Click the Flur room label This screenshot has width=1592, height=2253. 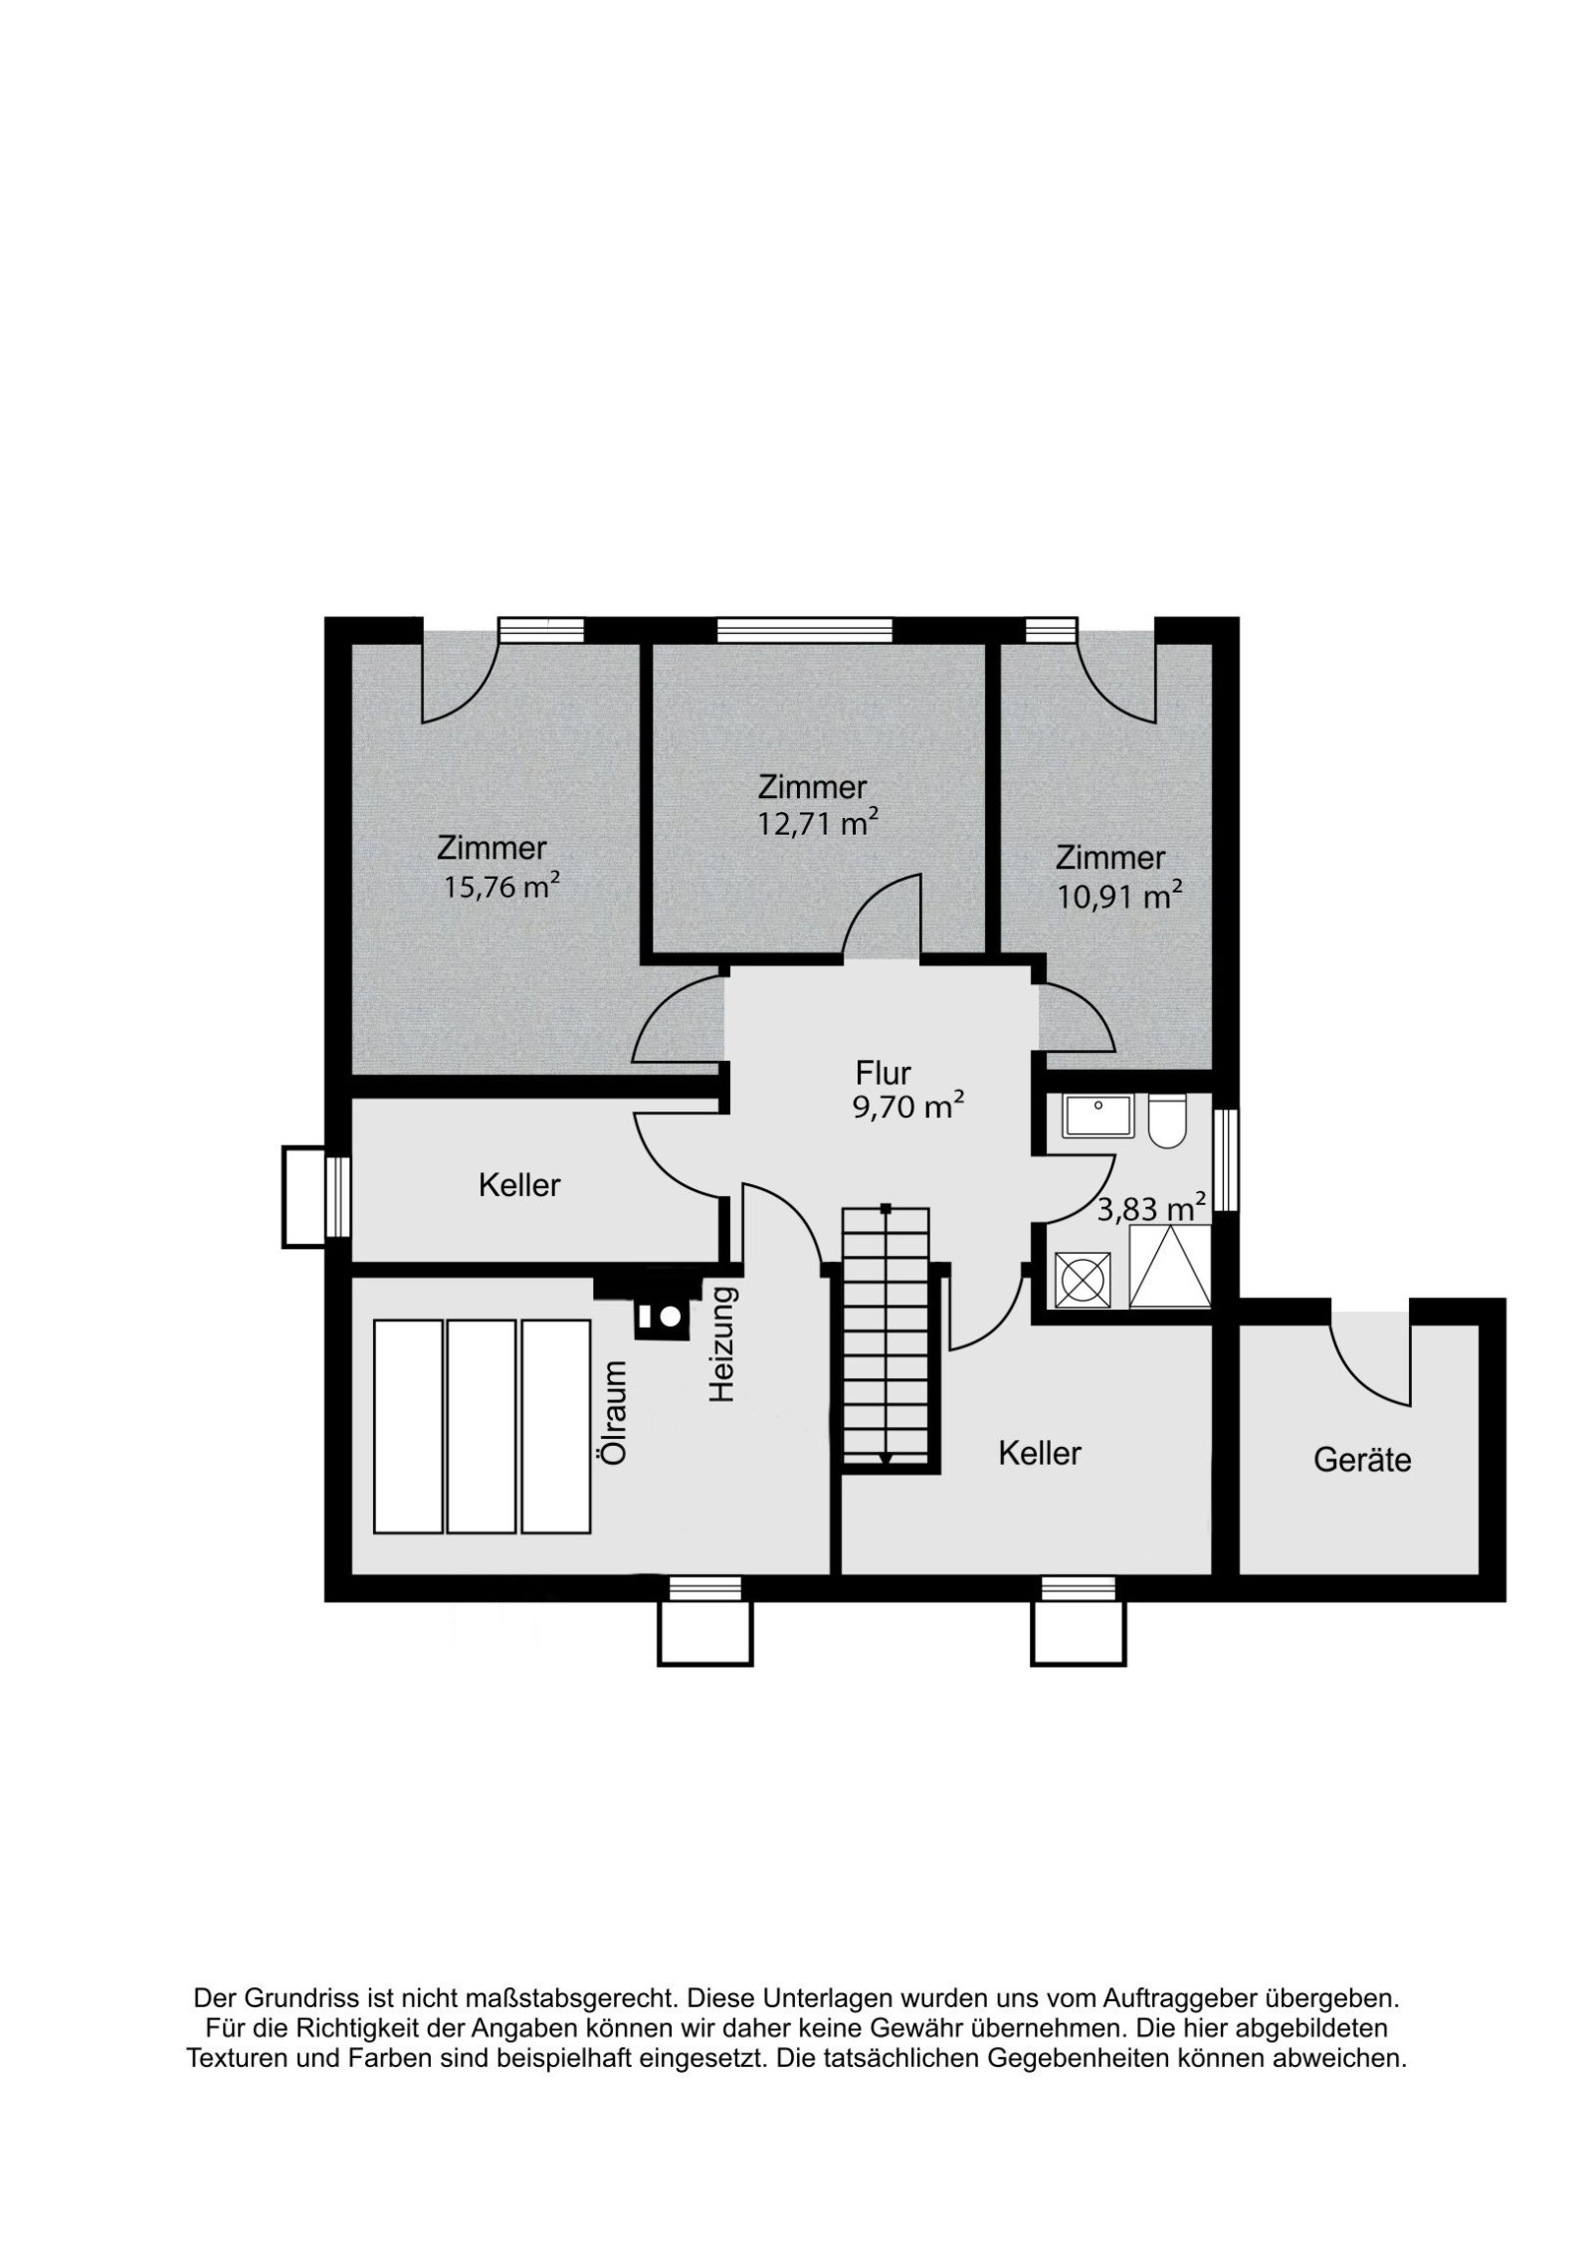coord(884,1074)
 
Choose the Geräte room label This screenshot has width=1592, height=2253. coord(1362,1461)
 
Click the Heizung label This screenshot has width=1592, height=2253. coord(721,1345)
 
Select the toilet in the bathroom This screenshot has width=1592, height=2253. coord(1165,1121)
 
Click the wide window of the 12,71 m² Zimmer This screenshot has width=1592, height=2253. coord(804,630)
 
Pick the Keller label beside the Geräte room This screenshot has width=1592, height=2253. coord(1039,1453)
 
